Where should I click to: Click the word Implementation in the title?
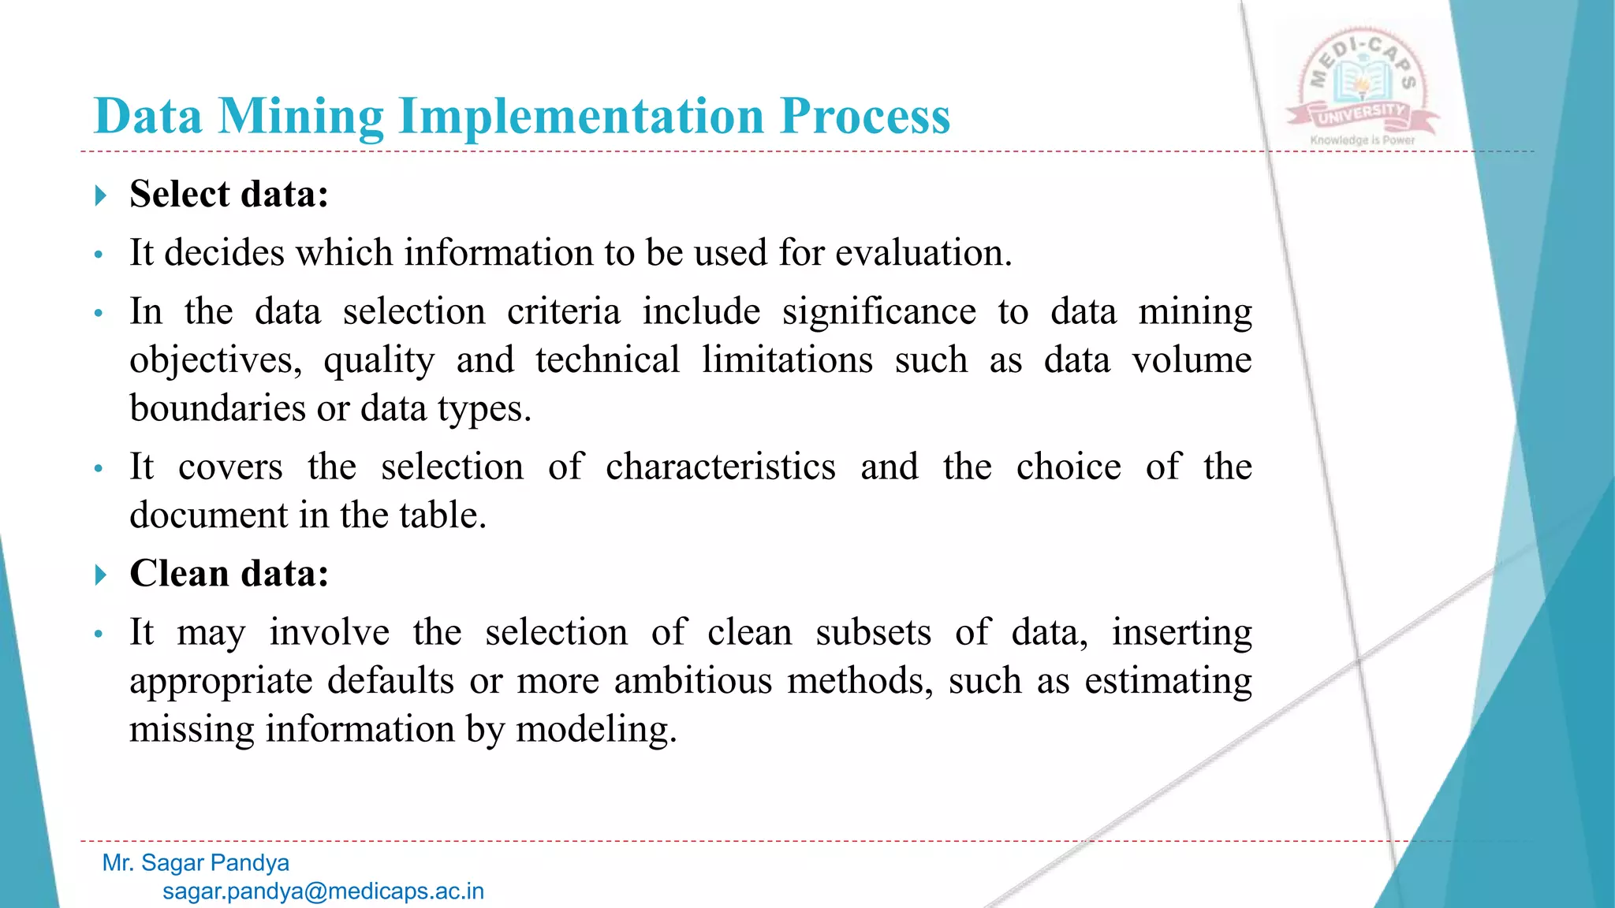[x=582, y=117]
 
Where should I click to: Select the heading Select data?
[x=229, y=194]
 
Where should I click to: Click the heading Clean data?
[x=229, y=573]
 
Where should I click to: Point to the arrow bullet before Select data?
[x=100, y=195]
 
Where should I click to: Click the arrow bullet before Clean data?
[x=100, y=575]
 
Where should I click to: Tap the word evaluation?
[x=923, y=253]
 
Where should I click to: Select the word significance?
[x=878, y=311]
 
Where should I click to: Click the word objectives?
[x=215, y=361]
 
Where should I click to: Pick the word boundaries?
[x=218, y=408]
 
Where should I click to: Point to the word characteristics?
[x=720, y=467]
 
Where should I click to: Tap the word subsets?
[x=873, y=632]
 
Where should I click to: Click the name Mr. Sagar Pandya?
[x=196, y=862]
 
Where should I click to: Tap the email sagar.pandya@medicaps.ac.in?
[x=323, y=891]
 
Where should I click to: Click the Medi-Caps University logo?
[x=1362, y=83]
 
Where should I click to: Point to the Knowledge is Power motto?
[x=1362, y=140]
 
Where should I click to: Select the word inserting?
[x=1181, y=632]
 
